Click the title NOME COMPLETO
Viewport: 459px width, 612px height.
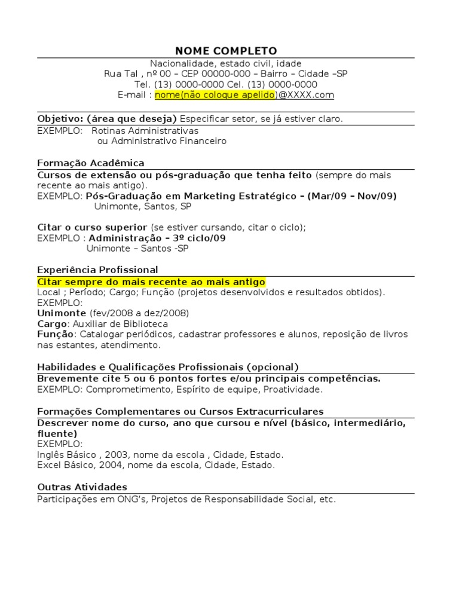[x=226, y=51]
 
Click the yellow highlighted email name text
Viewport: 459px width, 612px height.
[x=215, y=95]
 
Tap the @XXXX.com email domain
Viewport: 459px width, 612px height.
[x=307, y=95]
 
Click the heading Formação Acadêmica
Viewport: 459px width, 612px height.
[x=91, y=163]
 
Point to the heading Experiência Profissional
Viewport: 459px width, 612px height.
[x=97, y=270]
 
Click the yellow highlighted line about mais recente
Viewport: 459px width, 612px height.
[x=151, y=281]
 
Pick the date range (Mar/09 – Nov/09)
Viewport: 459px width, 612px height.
[x=352, y=196]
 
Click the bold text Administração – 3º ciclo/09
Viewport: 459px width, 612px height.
[x=157, y=238]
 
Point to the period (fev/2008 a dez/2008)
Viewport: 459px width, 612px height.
[x=139, y=313]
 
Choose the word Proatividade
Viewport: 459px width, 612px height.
[x=293, y=390]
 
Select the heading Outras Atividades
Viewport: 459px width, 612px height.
[x=82, y=487]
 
